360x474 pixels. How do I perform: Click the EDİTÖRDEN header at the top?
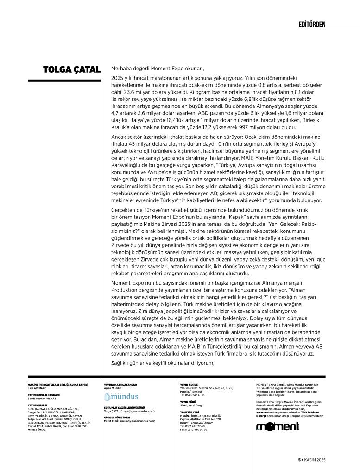[312, 24]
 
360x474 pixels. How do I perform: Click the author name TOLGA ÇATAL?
[72, 69]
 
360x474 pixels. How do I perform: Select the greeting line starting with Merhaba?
[158, 69]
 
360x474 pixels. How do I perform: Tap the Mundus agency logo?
[121, 397]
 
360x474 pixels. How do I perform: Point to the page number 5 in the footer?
[299, 460]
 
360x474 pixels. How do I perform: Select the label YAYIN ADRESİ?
[189, 384]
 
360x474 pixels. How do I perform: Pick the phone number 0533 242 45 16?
[192, 395]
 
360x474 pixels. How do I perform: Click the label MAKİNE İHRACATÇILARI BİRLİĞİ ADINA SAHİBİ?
[57, 384]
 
